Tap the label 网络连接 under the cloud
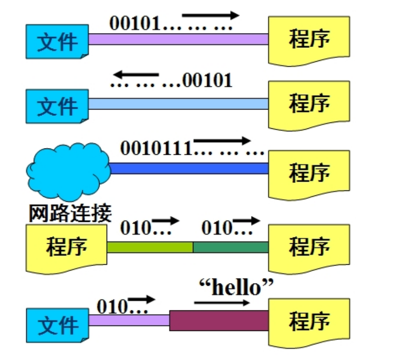click(x=70, y=213)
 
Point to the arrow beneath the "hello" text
click(x=222, y=303)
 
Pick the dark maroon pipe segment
click(x=219, y=321)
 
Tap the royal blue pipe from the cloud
click(x=188, y=168)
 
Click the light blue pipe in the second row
click(x=178, y=104)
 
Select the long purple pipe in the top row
click(x=178, y=39)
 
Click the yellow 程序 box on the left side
click(x=67, y=247)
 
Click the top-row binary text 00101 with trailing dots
click(x=171, y=23)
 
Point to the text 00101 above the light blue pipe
click(x=208, y=81)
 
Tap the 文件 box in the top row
click(x=57, y=42)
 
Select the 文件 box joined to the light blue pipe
click(x=57, y=106)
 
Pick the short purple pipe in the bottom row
click(x=129, y=320)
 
